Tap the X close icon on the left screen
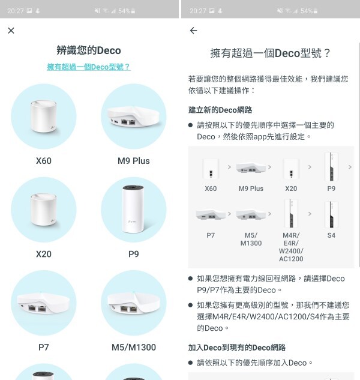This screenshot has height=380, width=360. [11, 31]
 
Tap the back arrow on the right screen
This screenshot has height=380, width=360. [194, 31]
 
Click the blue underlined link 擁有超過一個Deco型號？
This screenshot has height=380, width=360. [89, 67]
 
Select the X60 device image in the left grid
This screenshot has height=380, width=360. [44, 116]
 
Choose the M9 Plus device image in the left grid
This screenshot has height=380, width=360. [134, 116]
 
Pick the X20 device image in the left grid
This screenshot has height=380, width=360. [44, 210]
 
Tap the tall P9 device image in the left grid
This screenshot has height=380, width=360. [134, 210]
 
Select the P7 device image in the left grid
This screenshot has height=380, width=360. [44, 303]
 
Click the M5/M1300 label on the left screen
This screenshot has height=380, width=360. [134, 348]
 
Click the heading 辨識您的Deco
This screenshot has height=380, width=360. [89, 50]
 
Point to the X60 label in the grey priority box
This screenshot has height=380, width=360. [211, 188]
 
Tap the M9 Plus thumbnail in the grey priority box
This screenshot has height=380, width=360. [251, 167]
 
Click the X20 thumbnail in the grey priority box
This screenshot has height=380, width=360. [291, 169]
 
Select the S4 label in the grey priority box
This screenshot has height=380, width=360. [331, 235]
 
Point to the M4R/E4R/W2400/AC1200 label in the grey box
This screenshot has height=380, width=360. [291, 247]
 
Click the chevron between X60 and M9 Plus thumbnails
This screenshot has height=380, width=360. [229, 167]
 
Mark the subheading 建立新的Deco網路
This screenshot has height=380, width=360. [220, 110]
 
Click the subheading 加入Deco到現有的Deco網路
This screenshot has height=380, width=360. [237, 348]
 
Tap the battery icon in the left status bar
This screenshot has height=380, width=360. [133, 11]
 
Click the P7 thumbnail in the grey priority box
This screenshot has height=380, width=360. [211, 214]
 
